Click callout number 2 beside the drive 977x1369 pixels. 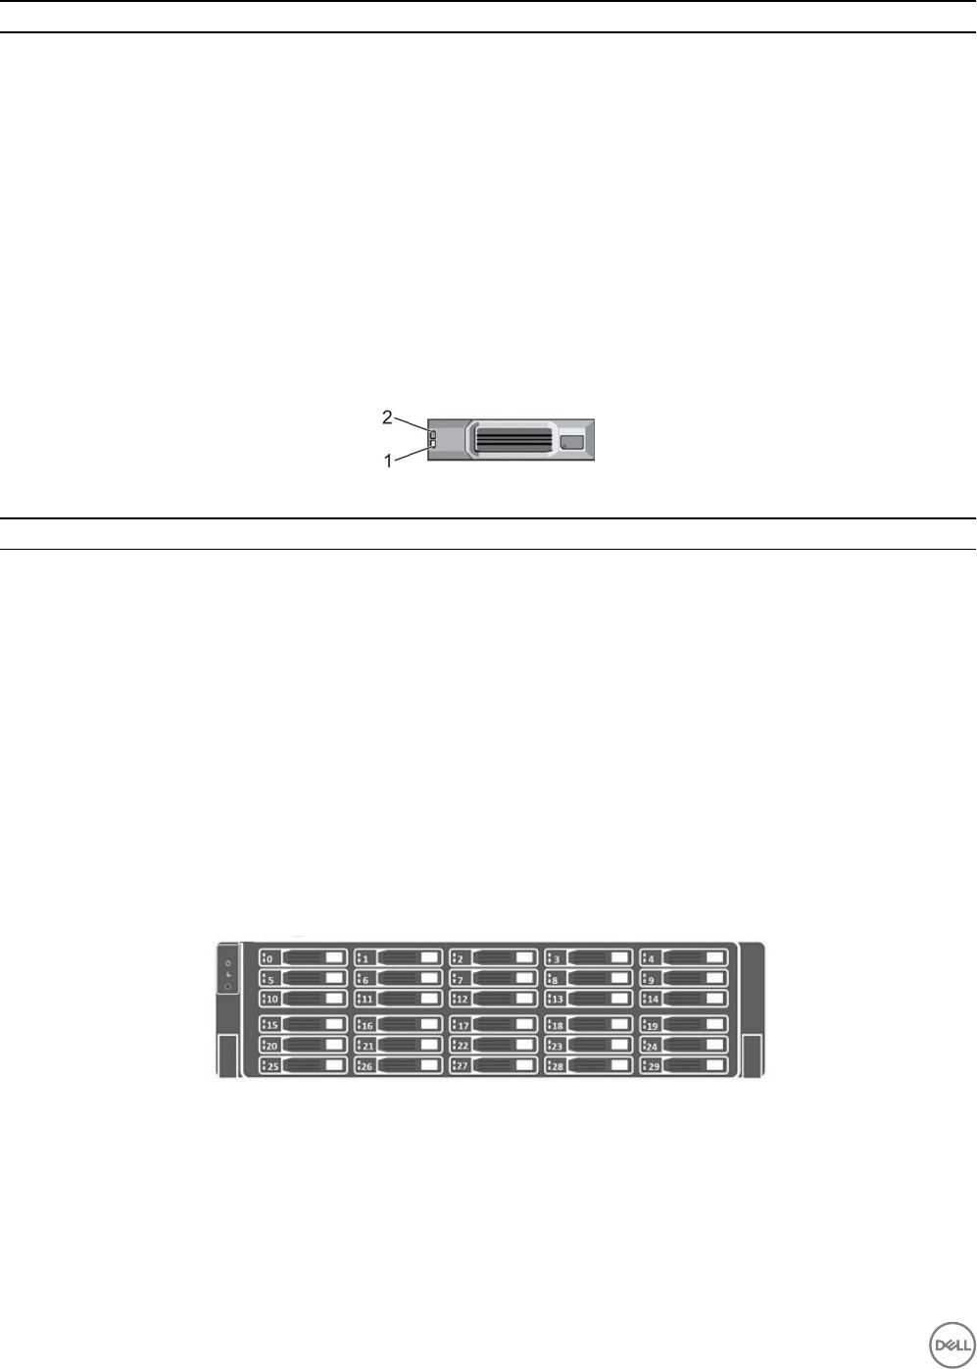(x=388, y=417)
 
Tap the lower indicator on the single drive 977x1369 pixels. (x=432, y=445)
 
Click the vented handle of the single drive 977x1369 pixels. (x=513, y=437)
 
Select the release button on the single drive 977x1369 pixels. (x=572, y=444)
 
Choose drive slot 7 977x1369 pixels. (x=494, y=978)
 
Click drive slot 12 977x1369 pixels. (x=494, y=999)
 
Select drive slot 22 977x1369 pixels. (x=494, y=1045)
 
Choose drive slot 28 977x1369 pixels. (x=589, y=1065)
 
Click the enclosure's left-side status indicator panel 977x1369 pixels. (x=227, y=975)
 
